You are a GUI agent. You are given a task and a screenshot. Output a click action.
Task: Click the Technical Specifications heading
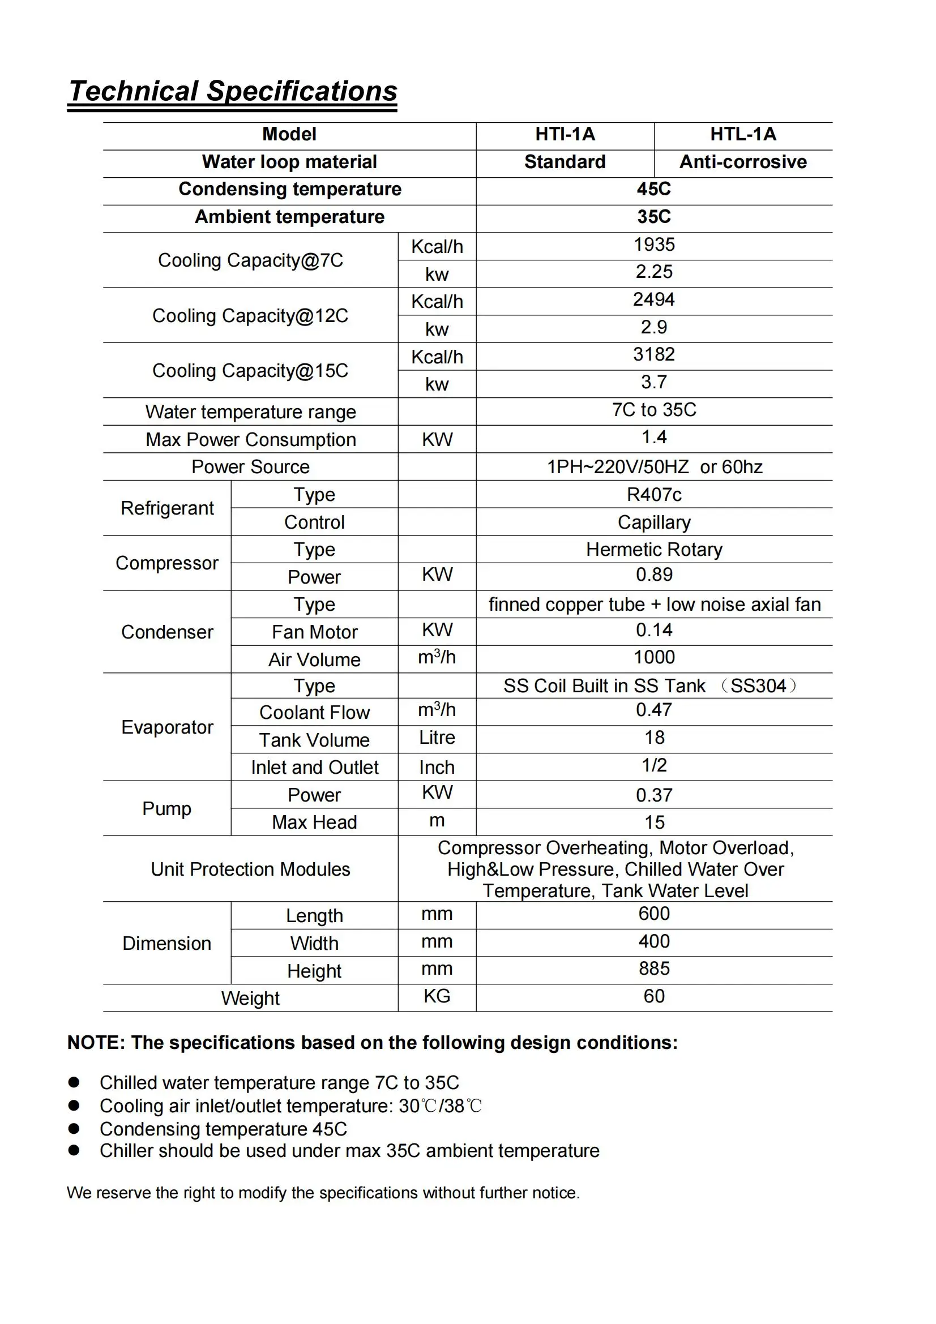coord(232,91)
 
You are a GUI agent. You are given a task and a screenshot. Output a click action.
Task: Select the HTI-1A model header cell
coord(565,134)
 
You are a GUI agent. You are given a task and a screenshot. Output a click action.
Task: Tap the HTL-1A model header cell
coord(743,134)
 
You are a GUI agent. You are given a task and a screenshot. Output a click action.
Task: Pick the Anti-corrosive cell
coord(743,162)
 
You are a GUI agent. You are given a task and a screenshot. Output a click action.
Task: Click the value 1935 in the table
coord(654,245)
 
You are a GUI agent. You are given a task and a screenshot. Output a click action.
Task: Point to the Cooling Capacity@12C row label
coord(250,316)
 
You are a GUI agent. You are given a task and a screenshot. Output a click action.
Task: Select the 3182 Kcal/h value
coord(654,355)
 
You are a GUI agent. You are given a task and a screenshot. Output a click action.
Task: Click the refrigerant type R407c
coord(654,495)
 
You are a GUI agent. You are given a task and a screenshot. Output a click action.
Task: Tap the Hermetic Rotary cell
coord(654,550)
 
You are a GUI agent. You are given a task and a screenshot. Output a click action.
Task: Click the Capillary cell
coord(654,522)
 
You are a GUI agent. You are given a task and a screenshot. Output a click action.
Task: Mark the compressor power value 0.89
coord(654,575)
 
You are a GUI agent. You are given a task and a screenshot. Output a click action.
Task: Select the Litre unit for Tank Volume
coord(437,738)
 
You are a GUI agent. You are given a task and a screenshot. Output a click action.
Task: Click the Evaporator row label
coord(167,728)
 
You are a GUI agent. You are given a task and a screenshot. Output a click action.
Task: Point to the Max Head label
coord(314,822)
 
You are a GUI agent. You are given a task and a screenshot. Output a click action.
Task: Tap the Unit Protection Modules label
coord(250,869)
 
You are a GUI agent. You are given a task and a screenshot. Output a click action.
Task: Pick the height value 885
coord(654,969)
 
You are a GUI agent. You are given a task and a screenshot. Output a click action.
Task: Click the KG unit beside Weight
coord(437,996)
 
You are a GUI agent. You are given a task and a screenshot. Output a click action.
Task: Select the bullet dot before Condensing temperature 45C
coord(74,1129)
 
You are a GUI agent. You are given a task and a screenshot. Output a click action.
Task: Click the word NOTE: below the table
coord(96,1043)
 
